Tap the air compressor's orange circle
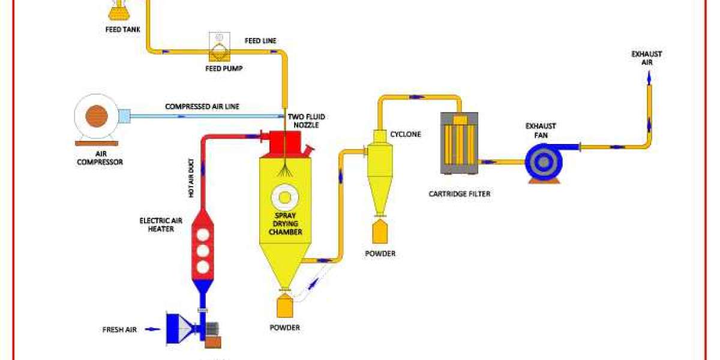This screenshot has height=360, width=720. point(96,116)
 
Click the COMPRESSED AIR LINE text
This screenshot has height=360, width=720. point(202,107)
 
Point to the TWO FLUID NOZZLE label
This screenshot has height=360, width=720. point(307,120)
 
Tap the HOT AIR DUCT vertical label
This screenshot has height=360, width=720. point(191,178)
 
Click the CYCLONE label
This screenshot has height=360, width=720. point(406,134)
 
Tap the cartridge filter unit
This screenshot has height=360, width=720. point(460,142)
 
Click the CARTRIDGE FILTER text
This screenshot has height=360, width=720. point(459,194)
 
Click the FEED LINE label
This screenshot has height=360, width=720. point(260,41)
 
